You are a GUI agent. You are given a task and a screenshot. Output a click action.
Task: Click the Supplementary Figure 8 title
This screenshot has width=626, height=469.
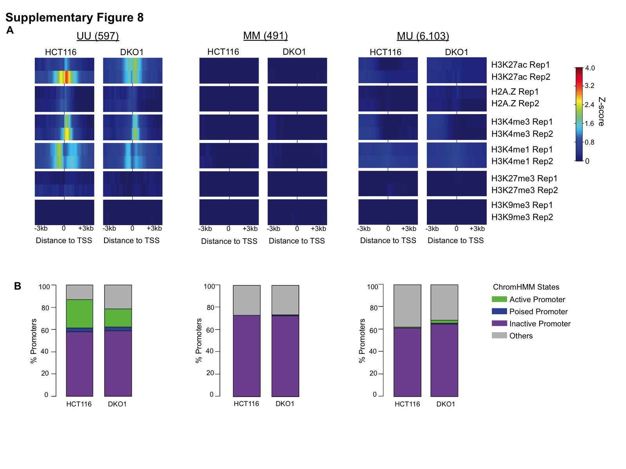tap(74, 18)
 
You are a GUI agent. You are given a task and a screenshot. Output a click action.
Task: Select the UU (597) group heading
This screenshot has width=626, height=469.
tap(97, 36)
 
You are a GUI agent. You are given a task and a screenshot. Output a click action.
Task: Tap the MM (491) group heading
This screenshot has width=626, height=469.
tap(265, 36)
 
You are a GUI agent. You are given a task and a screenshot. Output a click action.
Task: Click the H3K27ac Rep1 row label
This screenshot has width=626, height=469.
tap(520, 64)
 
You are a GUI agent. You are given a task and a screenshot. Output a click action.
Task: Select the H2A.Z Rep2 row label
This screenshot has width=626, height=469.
tap(515, 104)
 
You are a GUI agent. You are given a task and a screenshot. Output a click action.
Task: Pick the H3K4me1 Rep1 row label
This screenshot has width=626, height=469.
tap(522, 149)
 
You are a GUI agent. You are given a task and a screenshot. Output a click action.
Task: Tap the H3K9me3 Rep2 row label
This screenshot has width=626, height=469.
tap(522, 217)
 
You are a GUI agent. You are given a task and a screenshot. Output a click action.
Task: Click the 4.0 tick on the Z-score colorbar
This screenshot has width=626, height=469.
tap(590, 68)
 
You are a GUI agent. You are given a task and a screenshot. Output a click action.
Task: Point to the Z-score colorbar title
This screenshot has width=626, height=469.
tap(601, 112)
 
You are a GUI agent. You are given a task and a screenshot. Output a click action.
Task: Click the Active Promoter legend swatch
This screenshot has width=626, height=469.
tap(499, 299)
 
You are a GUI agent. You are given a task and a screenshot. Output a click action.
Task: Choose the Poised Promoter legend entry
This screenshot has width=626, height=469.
tap(538, 311)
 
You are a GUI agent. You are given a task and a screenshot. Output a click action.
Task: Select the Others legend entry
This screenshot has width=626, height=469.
tap(521, 336)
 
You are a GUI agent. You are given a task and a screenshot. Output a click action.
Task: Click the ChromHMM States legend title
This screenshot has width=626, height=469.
tap(526, 287)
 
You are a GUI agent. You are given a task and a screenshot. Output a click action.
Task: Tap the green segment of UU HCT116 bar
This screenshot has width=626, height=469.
tap(79, 313)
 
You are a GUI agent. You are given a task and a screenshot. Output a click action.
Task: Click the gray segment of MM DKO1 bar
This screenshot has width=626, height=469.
tap(285, 299)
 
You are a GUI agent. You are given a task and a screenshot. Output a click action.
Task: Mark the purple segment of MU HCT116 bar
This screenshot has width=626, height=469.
tap(407, 362)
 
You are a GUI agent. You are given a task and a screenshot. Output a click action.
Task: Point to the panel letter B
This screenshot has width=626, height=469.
tap(18, 286)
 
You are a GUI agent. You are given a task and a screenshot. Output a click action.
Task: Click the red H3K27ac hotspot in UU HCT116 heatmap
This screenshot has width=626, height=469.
tap(67, 77)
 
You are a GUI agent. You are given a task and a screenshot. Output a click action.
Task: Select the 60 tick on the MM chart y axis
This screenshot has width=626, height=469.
tap(210, 330)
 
